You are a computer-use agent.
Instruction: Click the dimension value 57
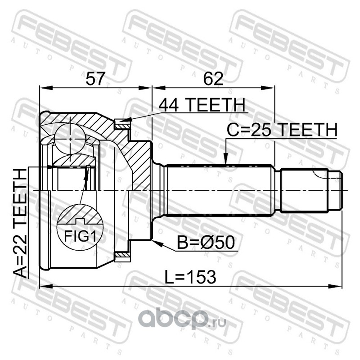[95, 78]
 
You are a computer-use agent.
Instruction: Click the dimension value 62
[213, 78]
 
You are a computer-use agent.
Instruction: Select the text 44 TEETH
[202, 105]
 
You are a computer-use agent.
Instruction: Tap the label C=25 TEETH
[282, 130]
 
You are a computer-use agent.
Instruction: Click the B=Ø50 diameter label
[206, 243]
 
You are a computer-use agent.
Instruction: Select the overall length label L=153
[190, 277]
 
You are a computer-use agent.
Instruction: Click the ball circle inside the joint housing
[70, 139]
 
